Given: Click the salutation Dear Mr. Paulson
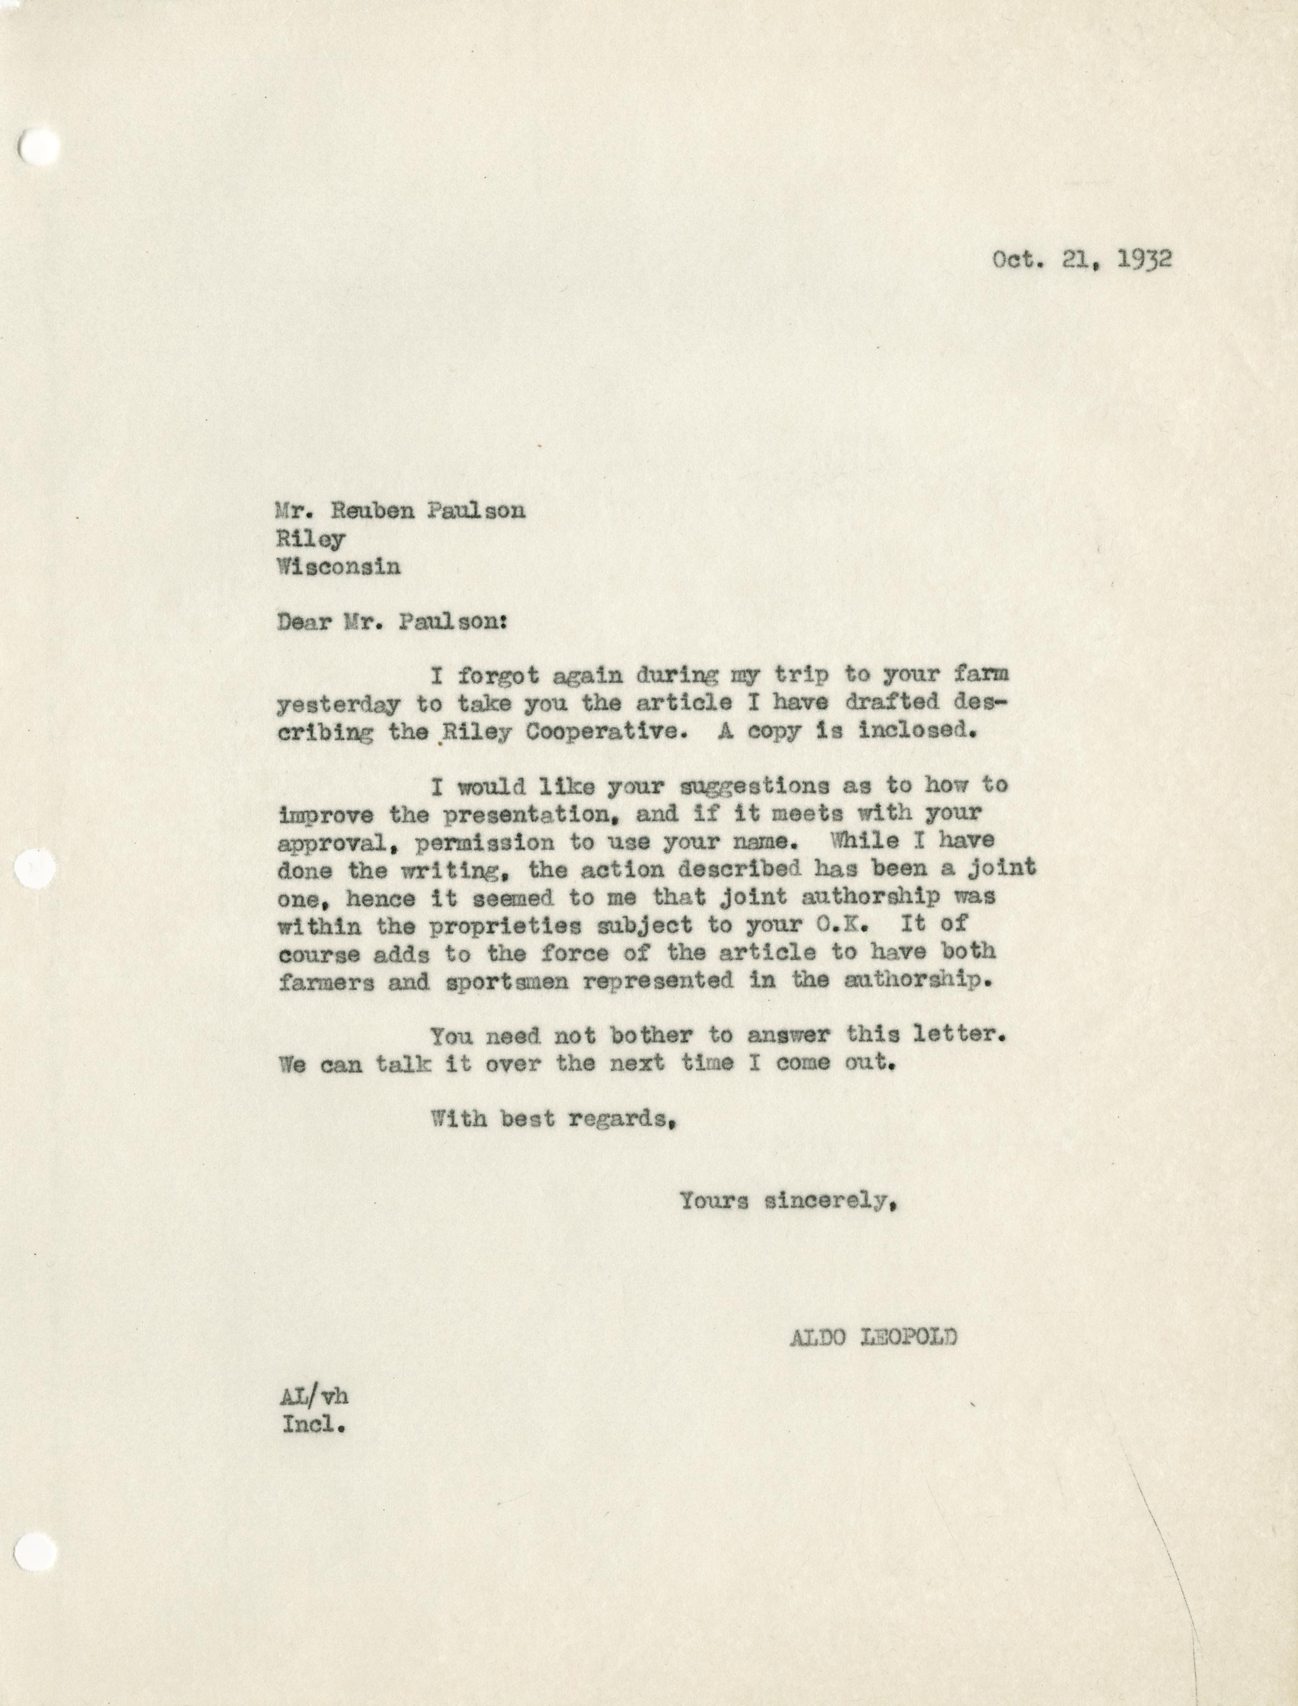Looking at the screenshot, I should [392, 623].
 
